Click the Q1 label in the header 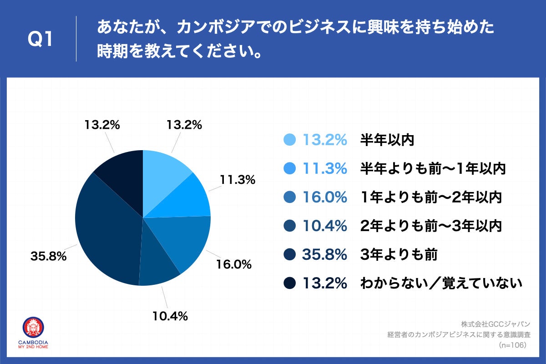point(40,40)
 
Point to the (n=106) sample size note point(512,345)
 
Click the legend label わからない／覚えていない point(440,283)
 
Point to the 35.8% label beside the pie point(49,257)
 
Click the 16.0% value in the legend point(325,197)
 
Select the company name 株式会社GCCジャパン point(495,324)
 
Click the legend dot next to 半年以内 point(289,140)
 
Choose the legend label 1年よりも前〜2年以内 point(431,197)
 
